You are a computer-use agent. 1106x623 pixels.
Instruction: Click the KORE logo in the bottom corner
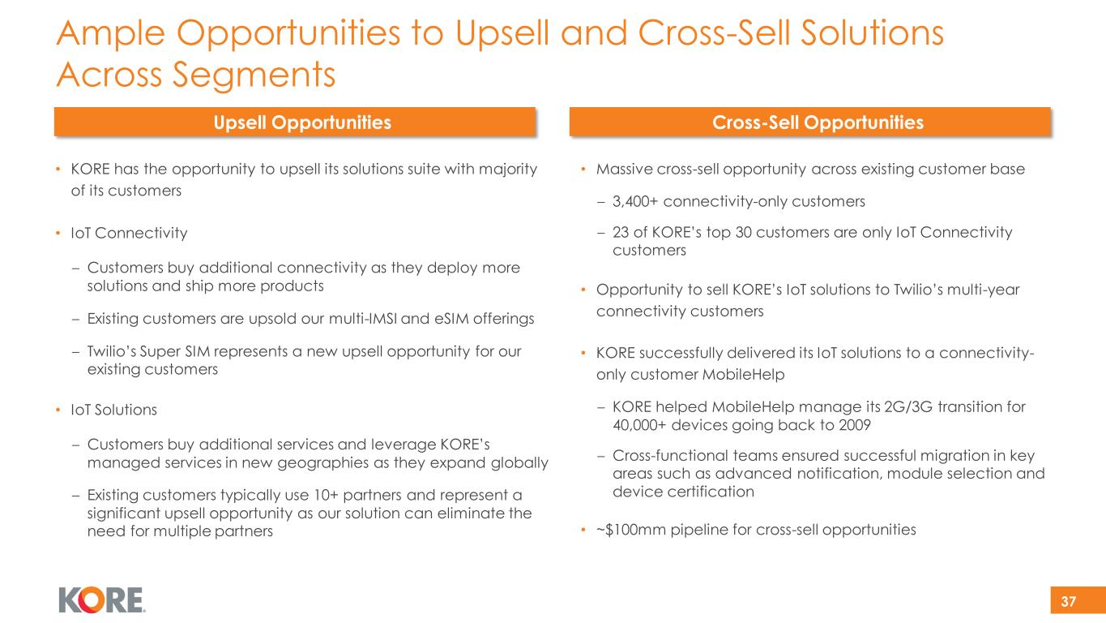pyautogui.click(x=101, y=600)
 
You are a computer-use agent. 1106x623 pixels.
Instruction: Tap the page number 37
pyautogui.click(x=1068, y=601)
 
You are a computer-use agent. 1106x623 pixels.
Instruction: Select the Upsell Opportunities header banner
pyautogui.click(x=295, y=122)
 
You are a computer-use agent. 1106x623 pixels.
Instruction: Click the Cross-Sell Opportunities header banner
pyautogui.click(x=809, y=122)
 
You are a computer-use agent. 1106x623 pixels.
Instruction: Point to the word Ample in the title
pyautogui.click(x=110, y=33)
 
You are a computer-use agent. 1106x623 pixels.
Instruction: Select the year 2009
pyautogui.click(x=854, y=425)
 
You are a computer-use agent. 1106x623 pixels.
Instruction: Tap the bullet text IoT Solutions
pyautogui.click(x=113, y=410)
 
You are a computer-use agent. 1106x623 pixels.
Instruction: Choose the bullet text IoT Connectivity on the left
pyautogui.click(x=129, y=233)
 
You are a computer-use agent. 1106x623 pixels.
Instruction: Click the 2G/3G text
pyautogui.click(x=908, y=406)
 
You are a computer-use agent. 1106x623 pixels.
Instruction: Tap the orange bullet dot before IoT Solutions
pyautogui.click(x=58, y=410)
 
